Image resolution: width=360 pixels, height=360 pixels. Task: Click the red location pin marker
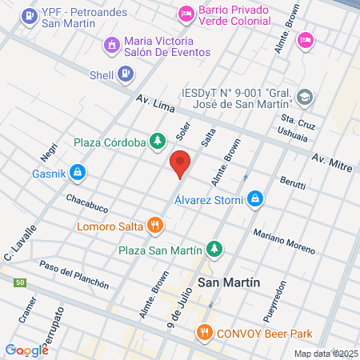(x=180, y=164)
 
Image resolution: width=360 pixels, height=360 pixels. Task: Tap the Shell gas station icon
(x=125, y=75)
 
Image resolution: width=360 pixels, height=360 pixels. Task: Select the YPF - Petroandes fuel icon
(x=30, y=14)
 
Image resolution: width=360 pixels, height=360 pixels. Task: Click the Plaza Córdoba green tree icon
(x=158, y=142)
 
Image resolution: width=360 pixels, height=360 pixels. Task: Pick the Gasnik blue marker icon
(x=78, y=171)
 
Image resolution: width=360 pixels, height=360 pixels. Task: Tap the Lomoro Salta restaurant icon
(x=156, y=226)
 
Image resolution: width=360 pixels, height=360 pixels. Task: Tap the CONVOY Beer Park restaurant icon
(x=205, y=333)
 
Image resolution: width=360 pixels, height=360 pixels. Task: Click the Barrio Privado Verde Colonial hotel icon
(x=186, y=13)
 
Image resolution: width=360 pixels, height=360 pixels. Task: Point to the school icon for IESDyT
(x=304, y=98)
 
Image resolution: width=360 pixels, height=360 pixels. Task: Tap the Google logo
(x=27, y=350)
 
